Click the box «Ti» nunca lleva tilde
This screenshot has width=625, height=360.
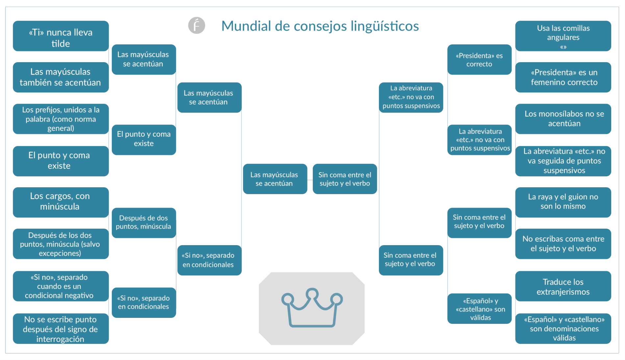[x=61, y=36]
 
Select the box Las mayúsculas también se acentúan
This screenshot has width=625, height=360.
[x=61, y=77]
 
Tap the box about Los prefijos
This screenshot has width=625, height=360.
[x=61, y=119]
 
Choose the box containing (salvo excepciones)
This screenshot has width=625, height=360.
[x=61, y=244]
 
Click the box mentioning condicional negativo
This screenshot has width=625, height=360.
[x=61, y=286]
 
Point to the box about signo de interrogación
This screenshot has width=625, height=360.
[x=61, y=329]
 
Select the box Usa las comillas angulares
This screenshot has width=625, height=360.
[x=563, y=36]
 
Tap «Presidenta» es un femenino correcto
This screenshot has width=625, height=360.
[x=563, y=77]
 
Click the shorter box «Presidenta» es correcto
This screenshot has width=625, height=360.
[x=479, y=60]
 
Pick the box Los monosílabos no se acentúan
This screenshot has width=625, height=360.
[x=563, y=119]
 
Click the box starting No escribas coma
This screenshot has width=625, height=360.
[x=563, y=244]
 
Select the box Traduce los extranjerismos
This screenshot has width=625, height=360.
[x=563, y=286]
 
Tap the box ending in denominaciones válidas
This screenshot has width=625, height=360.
[x=563, y=329]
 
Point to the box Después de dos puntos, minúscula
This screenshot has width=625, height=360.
[x=144, y=223]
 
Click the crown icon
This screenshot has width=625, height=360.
[x=312, y=308]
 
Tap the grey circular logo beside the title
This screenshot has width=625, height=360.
[x=197, y=25]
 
